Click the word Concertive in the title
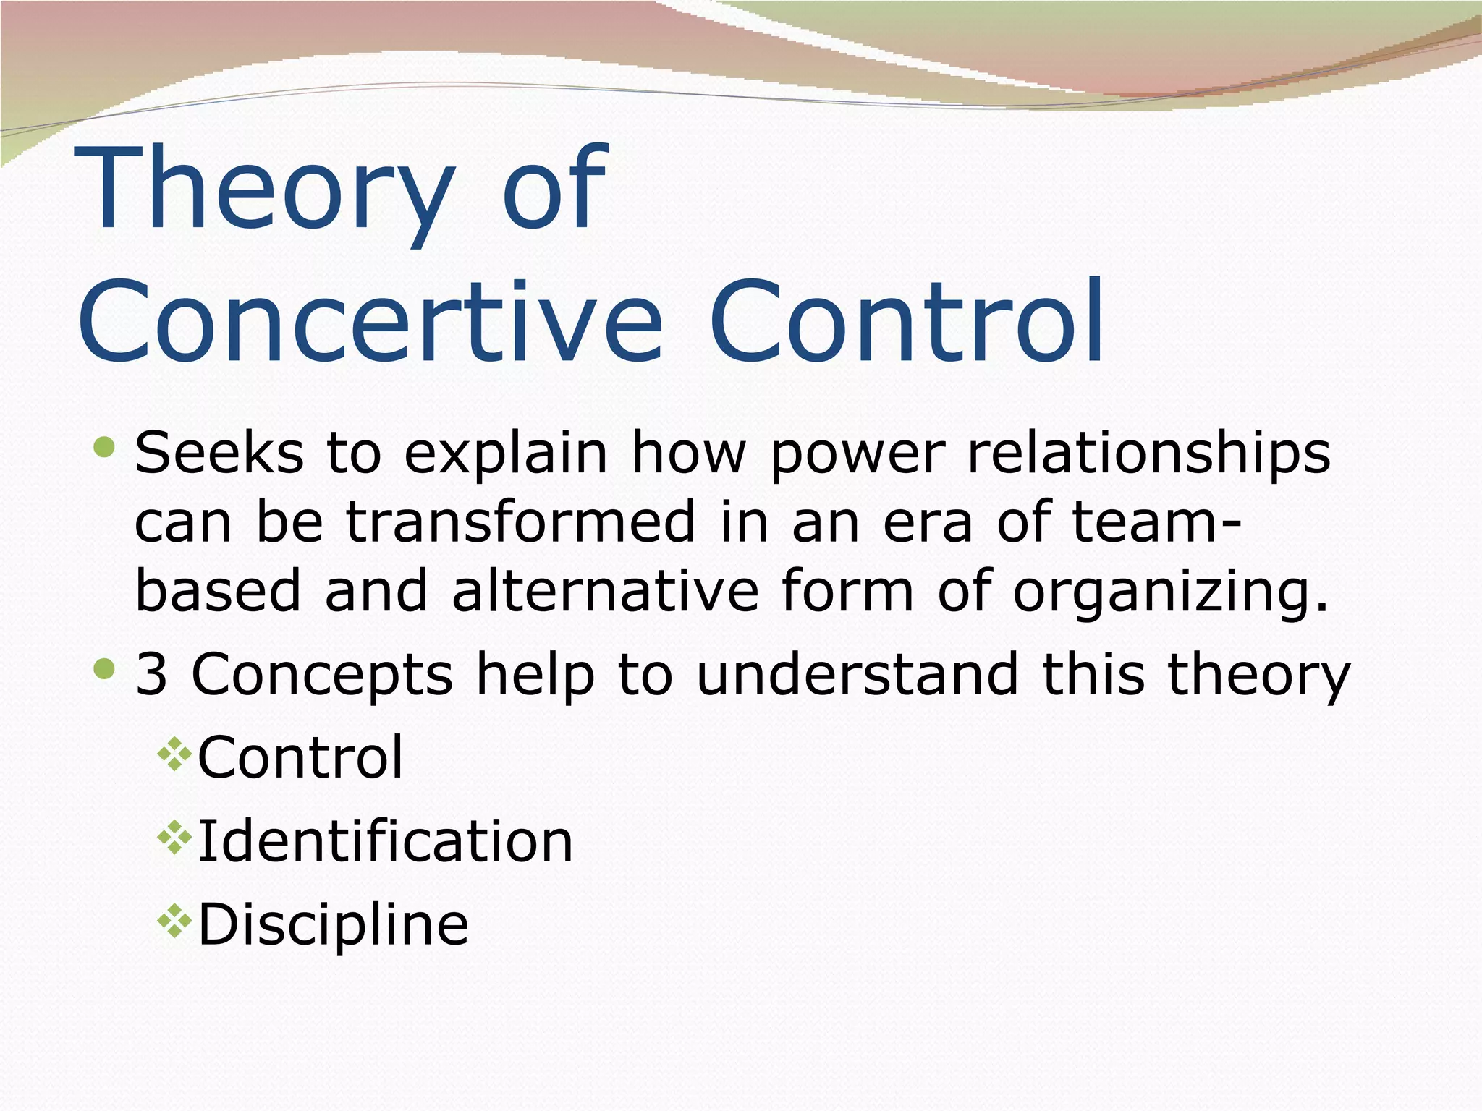pyautogui.click(x=369, y=322)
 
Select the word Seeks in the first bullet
pyautogui.click(x=219, y=454)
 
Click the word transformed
pyautogui.click(x=520, y=522)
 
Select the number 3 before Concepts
pyautogui.click(x=151, y=674)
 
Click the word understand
pyautogui.click(x=857, y=674)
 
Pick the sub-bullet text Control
pyautogui.click(x=300, y=757)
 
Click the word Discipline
pyautogui.click(x=333, y=926)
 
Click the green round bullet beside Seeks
pyautogui.click(x=105, y=448)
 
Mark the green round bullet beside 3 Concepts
pyautogui.click(x=105, y=669)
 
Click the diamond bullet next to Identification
pyautogui.click(x=174, y=839)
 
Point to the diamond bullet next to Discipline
pyautogui.click(x=174, y=922)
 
